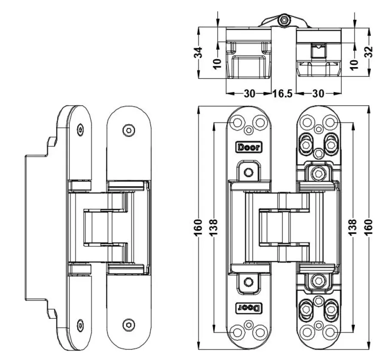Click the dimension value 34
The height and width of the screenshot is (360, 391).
198,53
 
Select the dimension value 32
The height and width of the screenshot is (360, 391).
369,52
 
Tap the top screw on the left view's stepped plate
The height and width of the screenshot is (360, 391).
81,129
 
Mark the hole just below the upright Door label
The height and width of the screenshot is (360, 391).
248,172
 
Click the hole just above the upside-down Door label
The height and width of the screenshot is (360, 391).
248,282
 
